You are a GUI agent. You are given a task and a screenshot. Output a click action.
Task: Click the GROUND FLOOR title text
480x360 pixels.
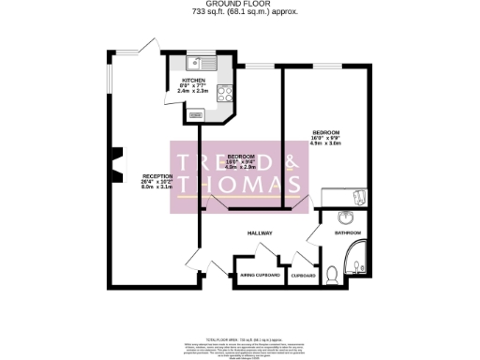point(240,4)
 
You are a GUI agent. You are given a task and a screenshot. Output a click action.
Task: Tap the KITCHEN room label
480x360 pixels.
point(193,80)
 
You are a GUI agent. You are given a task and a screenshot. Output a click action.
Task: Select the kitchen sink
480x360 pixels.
point(198,65)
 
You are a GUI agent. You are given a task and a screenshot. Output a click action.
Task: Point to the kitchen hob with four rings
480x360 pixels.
point(226,93)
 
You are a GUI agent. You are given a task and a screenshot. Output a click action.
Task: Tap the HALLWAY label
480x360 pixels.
point(260,232)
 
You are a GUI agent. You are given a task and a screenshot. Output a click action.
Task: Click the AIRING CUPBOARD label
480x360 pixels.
point(261,276)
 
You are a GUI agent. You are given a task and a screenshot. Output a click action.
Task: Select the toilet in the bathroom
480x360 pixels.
point(334,274)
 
